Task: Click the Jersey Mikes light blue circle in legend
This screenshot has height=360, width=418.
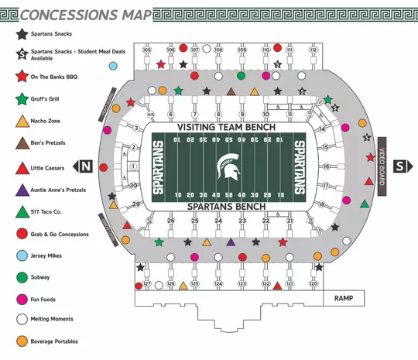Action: coord(22,255)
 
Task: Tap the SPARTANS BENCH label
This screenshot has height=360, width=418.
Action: coord(227,207)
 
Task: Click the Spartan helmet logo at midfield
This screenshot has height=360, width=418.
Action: coord(227,166)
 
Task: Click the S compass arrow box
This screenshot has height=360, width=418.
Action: coord(399,166)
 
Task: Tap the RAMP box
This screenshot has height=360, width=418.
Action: coord(343,298)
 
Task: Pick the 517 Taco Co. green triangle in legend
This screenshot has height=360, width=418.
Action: coord(22,211)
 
